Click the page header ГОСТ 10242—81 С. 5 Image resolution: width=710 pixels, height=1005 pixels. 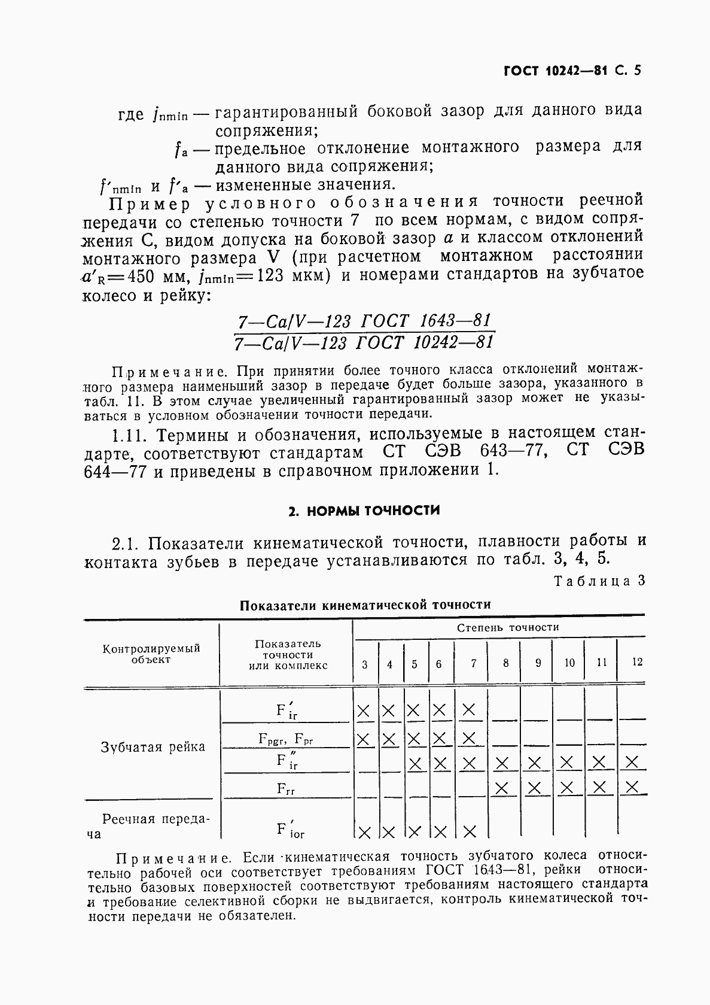pos(572,71)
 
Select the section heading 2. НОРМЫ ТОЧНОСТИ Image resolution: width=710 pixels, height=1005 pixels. pos(364,511)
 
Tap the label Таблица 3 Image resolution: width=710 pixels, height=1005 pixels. pos(599,581)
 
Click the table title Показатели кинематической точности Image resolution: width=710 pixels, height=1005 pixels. pos(365,605)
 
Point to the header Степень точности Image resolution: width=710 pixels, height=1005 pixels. pos(508,627)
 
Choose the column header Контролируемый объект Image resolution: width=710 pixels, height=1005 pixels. pos(151,654)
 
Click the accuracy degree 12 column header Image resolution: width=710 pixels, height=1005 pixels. pos(637,662)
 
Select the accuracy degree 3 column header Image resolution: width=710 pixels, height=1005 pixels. pos(365,664)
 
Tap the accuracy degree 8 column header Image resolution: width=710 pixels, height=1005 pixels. pos(506,663)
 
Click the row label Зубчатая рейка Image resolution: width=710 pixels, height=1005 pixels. pos(153,747)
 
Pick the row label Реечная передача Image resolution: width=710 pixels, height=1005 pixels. pos(153,825)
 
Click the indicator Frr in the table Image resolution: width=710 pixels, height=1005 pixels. pos(286,788)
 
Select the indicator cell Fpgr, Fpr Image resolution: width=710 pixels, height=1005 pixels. pos(286,739)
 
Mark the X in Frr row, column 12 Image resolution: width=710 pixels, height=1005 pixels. pos(632,787)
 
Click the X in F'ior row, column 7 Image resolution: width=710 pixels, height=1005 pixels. pos(470,831)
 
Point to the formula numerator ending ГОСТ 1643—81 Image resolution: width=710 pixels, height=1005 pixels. pos(364,321)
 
